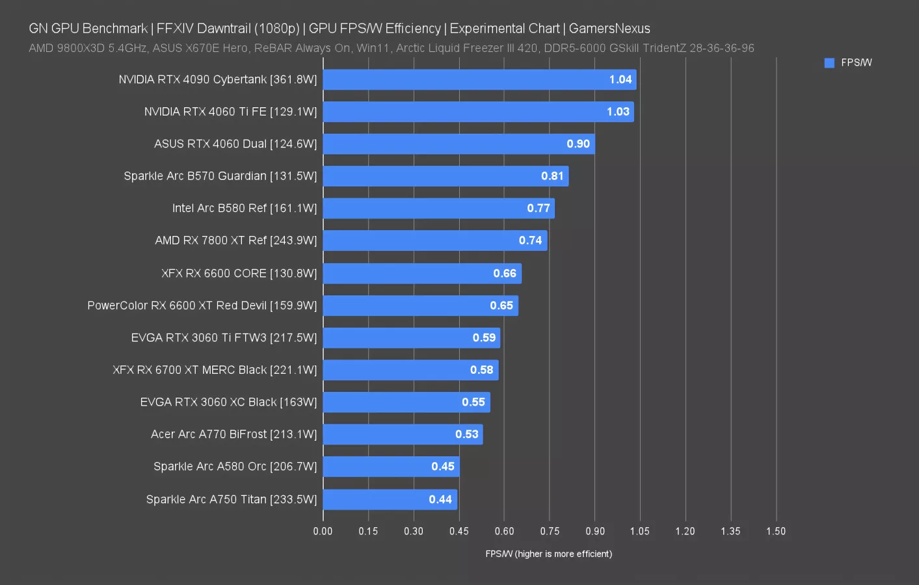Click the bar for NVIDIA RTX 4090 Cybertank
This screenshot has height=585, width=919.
[x=479, y=79]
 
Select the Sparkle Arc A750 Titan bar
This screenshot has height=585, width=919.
[x=390, y=499]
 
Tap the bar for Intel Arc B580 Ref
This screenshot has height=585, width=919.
[x=438, y=208]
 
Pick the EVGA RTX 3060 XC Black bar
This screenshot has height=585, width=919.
[x=406, y=402]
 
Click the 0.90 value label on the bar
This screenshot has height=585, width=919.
[x=578, y=144]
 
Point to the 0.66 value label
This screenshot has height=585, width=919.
[x=505, y=273]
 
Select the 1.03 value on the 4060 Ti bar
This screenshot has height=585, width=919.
[x=618, y=112]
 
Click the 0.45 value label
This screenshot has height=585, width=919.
[x=443, y=466]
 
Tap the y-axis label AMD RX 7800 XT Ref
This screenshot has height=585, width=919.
[x=235, y=240]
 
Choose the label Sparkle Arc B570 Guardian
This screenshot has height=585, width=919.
[x=220, y=176]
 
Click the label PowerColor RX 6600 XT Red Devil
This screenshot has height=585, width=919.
[x=202, y=305]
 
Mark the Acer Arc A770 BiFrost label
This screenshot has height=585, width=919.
[x=233, y=434]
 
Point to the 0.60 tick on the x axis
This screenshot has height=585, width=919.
[x=504, y=531]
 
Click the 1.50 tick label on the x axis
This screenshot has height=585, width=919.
[x=776, y=531]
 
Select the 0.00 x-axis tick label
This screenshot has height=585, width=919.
[x=323, y=531]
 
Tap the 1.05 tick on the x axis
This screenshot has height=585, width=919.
[x=640, y=531]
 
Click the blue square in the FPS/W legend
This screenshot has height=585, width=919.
[x=829, y=63]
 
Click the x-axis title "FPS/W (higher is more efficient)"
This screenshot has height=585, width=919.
[x=548, y=554]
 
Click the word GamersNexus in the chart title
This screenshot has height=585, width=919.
[x=609, y=29]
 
